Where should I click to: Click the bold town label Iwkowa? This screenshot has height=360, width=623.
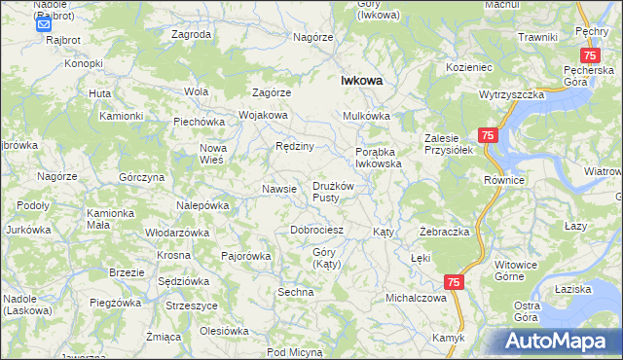(360, 83)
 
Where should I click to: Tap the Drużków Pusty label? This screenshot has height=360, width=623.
(338, 191)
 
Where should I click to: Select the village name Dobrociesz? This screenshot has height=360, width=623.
(316, 231)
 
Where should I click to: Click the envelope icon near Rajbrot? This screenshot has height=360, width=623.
(43, 27)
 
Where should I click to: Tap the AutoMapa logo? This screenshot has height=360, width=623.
(559, 342)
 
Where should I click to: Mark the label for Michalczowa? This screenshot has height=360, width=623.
(416, 298)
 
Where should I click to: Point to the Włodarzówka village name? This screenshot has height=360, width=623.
(177, 234)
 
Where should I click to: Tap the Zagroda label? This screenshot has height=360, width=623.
(191, 34)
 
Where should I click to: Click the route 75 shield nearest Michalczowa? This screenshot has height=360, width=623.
(453, 281)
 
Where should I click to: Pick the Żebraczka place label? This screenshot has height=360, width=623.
(445, 233)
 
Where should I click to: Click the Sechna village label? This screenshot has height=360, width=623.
(296, 292)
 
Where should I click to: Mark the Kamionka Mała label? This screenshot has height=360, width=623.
(110, 218)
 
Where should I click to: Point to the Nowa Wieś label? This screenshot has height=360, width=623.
(212, 154)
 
